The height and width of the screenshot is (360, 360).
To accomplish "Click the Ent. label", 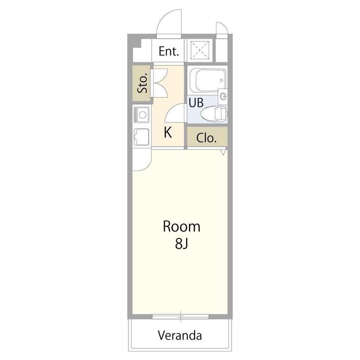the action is (169, 51).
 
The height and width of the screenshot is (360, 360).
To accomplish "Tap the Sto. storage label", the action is (142, 83).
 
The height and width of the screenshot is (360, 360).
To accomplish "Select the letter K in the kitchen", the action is (168, 132).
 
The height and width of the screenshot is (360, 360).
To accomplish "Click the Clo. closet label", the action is (206, 138).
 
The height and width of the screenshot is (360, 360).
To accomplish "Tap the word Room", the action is (181, 226).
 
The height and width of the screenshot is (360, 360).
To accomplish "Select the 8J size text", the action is (181, 244).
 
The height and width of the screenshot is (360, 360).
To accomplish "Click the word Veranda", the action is (180, 335).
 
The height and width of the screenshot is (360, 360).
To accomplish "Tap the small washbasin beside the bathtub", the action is (222, 95).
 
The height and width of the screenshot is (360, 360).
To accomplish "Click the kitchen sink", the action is (141, 137).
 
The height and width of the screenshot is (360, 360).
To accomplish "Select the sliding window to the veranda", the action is (180, 316).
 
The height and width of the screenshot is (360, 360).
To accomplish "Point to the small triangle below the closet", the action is (223, 152).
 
